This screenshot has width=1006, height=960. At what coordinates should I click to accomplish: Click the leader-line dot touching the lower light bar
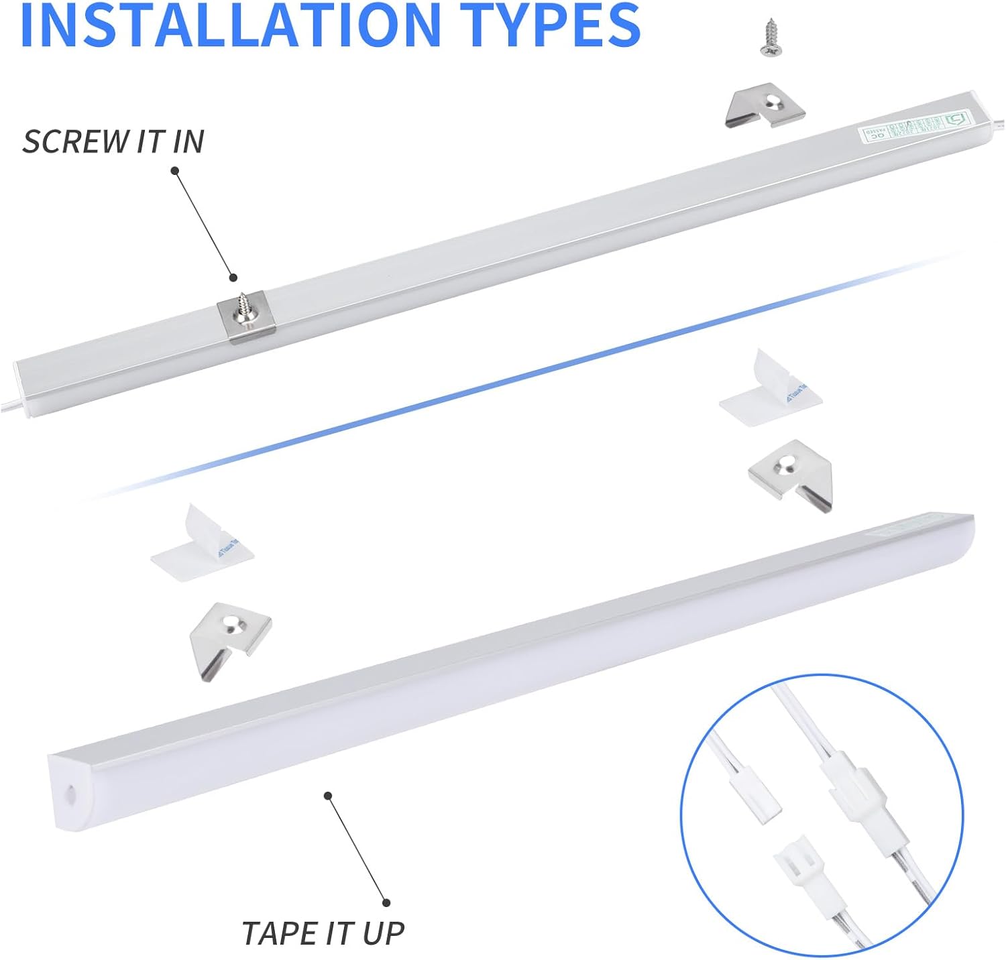(328, 796)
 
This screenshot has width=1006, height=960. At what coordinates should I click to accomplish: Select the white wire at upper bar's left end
(10, 405)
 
